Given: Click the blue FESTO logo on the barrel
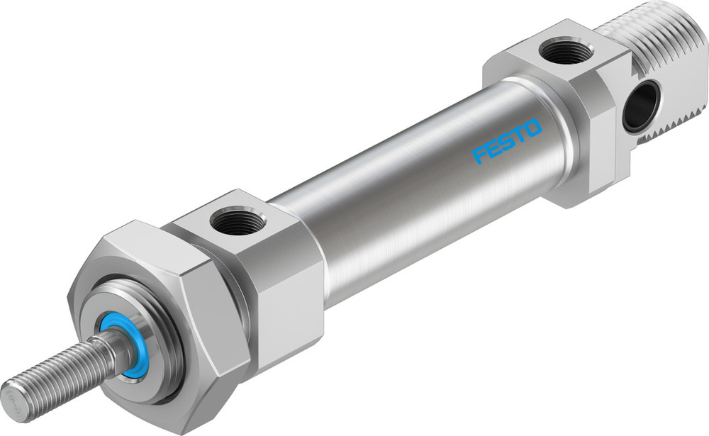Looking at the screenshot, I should coord(508,140).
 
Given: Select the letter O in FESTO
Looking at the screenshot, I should coord(533,128).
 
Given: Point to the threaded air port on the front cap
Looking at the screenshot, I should coord(238,225).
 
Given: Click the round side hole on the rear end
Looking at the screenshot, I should coord(641,106).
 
